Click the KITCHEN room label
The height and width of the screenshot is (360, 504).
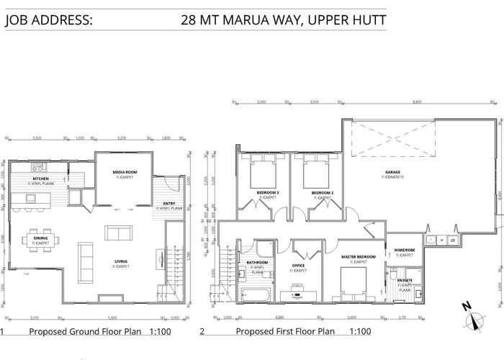coord(40,179)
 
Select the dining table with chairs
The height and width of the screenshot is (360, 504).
coord(40,240)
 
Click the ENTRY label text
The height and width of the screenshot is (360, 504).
coord(168,204)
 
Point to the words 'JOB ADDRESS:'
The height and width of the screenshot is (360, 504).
coord(48,19)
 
